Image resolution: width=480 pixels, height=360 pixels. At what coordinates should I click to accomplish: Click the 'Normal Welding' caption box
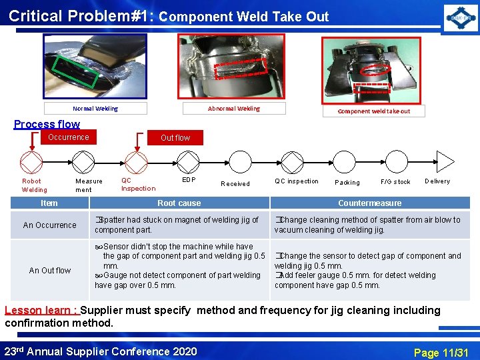click(95, 109)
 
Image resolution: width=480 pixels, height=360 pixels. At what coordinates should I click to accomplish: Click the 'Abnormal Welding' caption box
click(234, 108)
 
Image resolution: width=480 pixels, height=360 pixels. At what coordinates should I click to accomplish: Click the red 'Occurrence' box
click(68, 137)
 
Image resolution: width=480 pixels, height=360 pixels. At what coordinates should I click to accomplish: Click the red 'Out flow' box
click(175, 138)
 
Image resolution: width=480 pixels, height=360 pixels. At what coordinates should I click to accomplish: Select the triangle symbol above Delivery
click(444, 161)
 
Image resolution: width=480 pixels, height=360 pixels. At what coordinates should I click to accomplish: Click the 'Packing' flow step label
click(347, 182)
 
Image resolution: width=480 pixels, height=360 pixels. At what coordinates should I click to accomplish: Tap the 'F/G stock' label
click(395, 182)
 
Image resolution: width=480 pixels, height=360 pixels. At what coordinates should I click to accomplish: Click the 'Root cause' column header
click(179, 203)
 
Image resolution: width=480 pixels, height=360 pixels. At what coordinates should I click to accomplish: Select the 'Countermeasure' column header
click(369, 203)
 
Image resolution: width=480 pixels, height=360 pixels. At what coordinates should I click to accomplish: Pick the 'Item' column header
click(49, 203)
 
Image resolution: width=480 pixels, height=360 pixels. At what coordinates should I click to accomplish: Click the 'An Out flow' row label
click(49, 270)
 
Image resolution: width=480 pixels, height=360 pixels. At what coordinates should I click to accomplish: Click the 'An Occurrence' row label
click(49, 225)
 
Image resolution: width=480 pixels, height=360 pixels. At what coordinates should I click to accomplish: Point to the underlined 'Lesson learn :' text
click(41, 310)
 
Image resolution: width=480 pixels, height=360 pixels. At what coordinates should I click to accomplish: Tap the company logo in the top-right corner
click(461, 17)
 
